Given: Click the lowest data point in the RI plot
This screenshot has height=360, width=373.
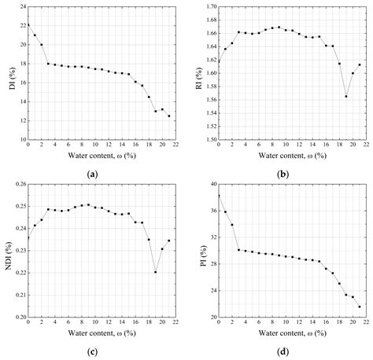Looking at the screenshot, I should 345,97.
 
